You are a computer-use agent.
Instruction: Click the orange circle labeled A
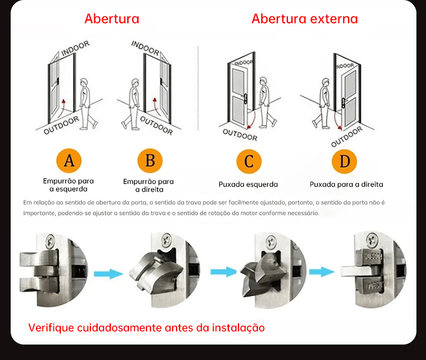pyautogui.click(x=69, y=161)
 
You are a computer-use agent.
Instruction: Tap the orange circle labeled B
pyautogui.click(x=150, y=161)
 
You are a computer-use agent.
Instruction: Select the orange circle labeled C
pyautogui.click(x=249, y=162)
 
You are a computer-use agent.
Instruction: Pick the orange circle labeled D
pyautogui.click(x=345, y=162)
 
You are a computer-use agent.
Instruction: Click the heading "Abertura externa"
pyautogui.click(x=304, y=19)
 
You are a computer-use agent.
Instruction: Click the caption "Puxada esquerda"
pyautogui.click(x=248, y=185)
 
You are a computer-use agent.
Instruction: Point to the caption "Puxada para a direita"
pyautogui.click(x=346, y=185)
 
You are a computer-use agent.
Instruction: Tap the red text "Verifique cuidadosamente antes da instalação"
pyautogui.click(x=147, y=328)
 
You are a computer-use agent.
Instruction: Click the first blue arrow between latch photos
pyautogui.click(x=108, y=274)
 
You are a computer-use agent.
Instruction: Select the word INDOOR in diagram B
pyautogui.click(x=145, y=48)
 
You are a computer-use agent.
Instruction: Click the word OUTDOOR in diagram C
pyautogui.click(x=240, y=134)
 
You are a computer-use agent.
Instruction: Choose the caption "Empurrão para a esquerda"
pyautogui.click(x=69, y=185)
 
